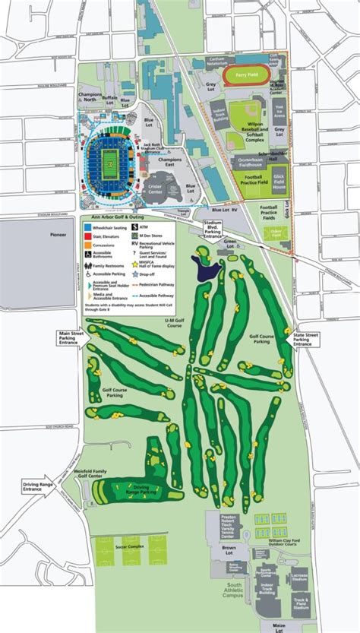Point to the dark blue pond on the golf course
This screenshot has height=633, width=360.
click(x=205, y=267)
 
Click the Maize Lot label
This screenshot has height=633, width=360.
click(x=267, y=628)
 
